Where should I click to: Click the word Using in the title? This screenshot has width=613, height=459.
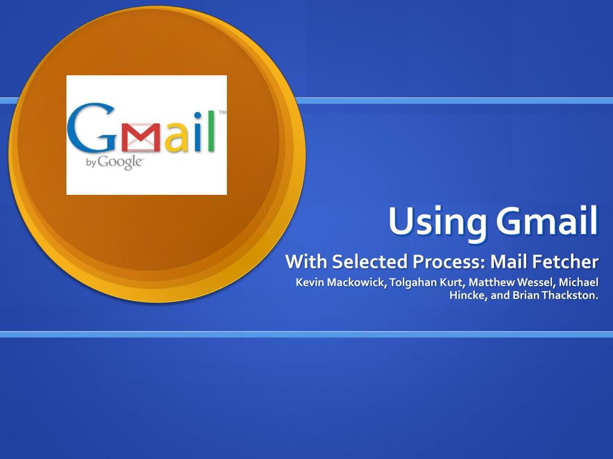click(x=438, y=221)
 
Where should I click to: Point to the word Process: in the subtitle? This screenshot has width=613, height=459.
click(x=449, y=262)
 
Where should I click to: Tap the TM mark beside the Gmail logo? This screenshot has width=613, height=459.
click(x=223, y=112)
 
